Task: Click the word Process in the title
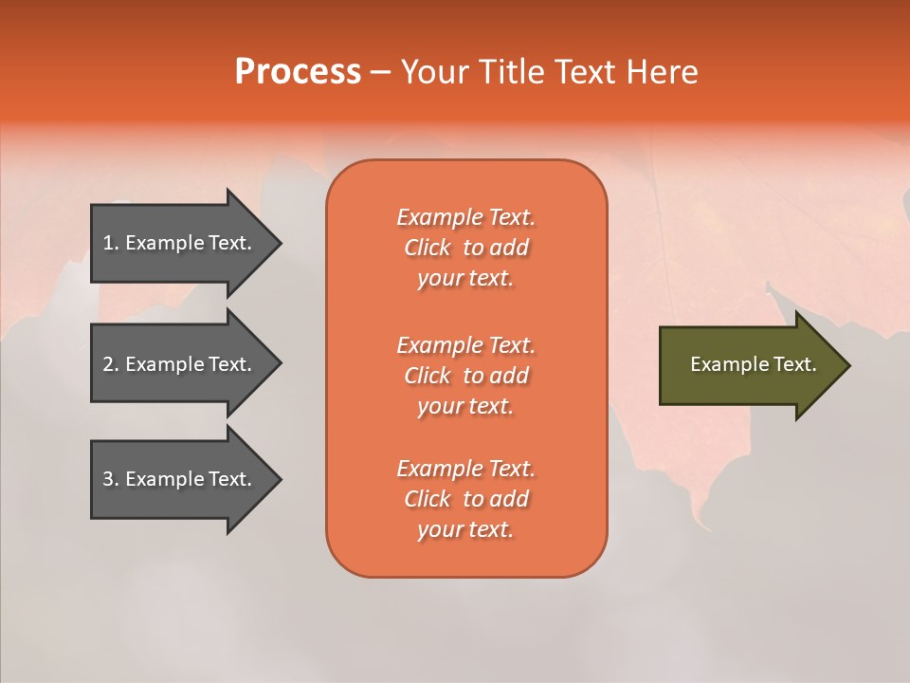pyautogui.click(x=298, y=72)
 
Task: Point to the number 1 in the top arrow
pyautogui.click(x=108, y=243)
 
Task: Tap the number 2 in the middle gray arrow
pyautogui.click(x=108, y=364)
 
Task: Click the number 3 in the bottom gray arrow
pyautogui.click(x=108, y=479)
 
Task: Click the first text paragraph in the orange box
pyautogui.click(x=465, y=248)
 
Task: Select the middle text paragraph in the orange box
pyautogui.click(x=465, y=376)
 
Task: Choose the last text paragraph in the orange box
pyautogui.click(x=465, y=499)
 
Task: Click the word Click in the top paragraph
pyautogui.click(x=428, y=248)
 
